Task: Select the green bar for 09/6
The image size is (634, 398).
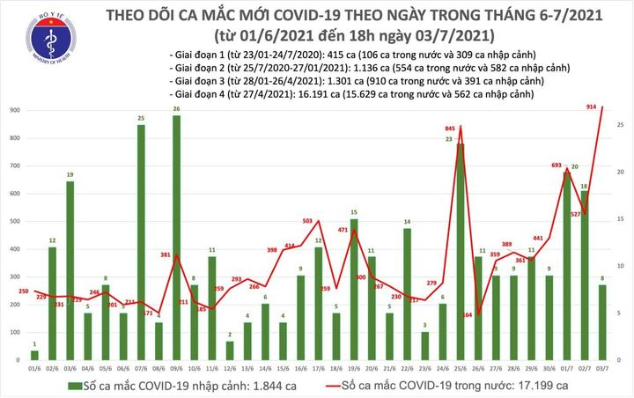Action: tap(176, 238)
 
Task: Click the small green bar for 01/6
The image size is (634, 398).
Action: tap(34, 355)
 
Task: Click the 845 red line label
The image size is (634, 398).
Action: tap(450, 129)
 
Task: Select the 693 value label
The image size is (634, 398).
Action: tap(554, 166)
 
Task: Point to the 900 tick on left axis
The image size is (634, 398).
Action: tap(16, 110)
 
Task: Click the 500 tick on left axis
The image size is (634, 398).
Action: tap(16, 222)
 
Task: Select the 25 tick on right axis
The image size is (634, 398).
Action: tap(621, 126)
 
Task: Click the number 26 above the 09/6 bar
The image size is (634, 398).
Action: tap(177, 109)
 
